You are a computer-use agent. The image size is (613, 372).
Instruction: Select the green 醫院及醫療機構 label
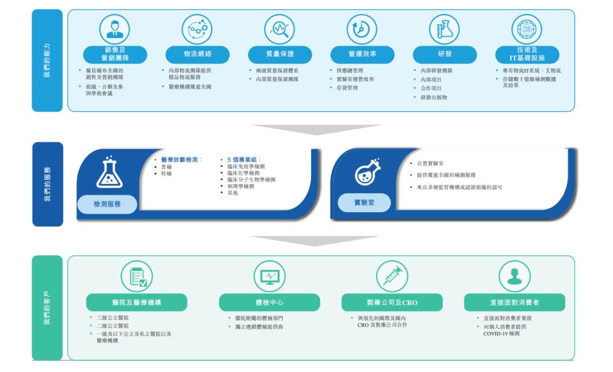click(128, 302)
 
